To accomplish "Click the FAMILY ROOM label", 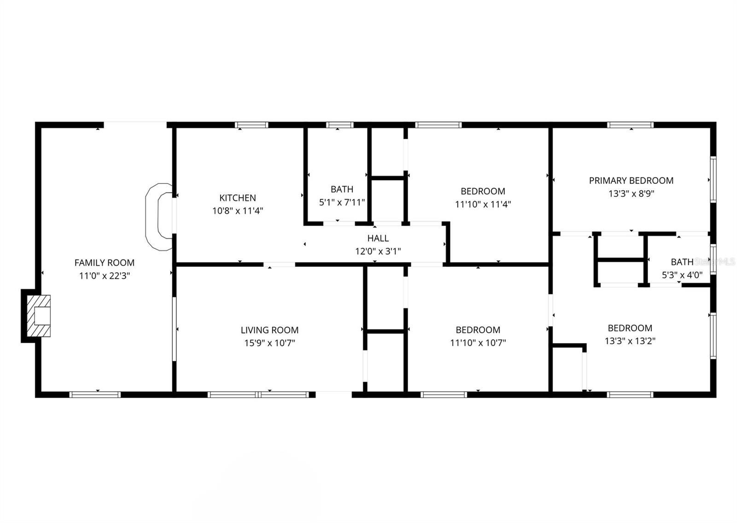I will tap(105, 263).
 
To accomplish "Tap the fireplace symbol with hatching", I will tap(38, 316).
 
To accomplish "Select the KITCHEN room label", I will tap(238, 198).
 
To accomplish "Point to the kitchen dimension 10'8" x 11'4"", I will tap(238, 211).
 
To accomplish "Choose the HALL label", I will tap(378, 238).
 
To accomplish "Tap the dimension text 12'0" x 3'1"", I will tap(378, 252).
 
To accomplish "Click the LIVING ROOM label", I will tap(269, 330).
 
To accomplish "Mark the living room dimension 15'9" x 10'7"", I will tap(269, 343).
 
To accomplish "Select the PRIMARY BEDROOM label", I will tap(631, 181).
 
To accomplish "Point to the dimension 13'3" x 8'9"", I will tap(631, 194).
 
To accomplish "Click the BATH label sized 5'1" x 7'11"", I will tap(342, 189).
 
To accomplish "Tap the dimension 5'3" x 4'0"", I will tap(682, 276).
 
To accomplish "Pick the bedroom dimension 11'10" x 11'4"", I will tap(483, 204).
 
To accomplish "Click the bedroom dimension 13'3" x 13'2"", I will tap(630, 341).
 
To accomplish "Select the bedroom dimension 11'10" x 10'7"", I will tap(478, 343).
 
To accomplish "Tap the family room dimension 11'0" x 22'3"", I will tap(105, 276).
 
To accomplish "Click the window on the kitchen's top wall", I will tap(252, 125).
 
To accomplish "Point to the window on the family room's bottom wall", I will tap(95, 394).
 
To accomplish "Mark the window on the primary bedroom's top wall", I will tap(630, 125).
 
